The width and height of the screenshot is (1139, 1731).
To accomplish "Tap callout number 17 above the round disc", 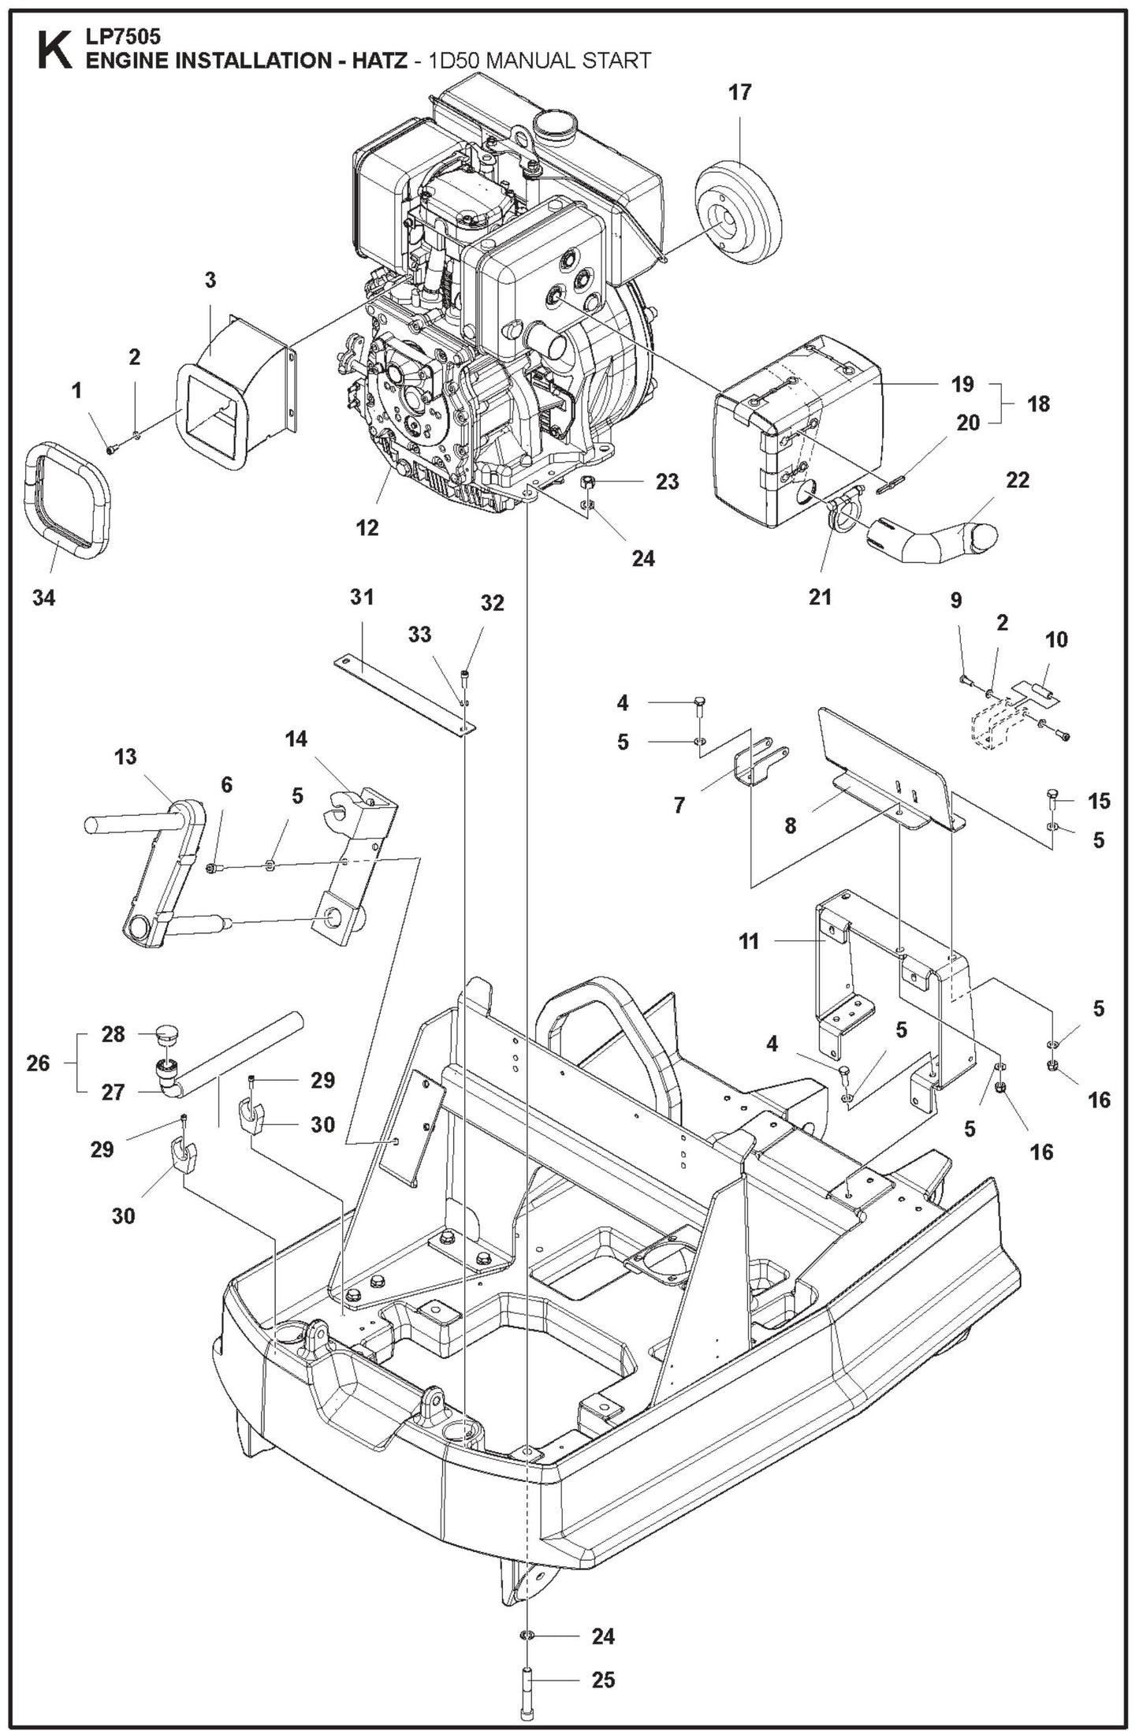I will tap(739, 92).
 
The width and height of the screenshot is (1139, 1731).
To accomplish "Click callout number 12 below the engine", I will tap(367, 527).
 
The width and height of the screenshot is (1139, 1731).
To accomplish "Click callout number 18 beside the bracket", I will tap(1039, 404).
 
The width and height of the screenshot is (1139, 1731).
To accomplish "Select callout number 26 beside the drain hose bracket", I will tap(37, 1063).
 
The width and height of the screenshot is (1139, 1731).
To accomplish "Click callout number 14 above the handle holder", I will tap(297, 739).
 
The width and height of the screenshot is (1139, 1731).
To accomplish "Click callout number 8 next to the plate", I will tap(791, 825).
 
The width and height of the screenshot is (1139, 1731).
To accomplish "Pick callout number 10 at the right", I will tap(1056, 638).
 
